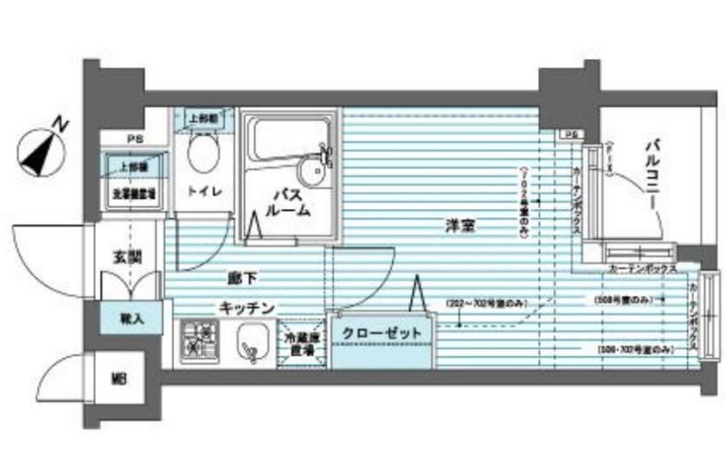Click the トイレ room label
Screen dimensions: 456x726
203,192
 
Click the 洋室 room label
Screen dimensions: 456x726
460,228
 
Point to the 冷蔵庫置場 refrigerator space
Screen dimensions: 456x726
301,345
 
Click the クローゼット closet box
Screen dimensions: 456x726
381,333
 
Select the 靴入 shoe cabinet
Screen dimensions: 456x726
128,318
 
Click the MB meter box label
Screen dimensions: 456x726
119,379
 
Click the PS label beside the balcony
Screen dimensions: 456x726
570,135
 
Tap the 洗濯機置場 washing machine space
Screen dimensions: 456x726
133,193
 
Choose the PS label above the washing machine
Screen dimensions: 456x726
135,140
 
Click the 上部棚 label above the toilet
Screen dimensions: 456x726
203,120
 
